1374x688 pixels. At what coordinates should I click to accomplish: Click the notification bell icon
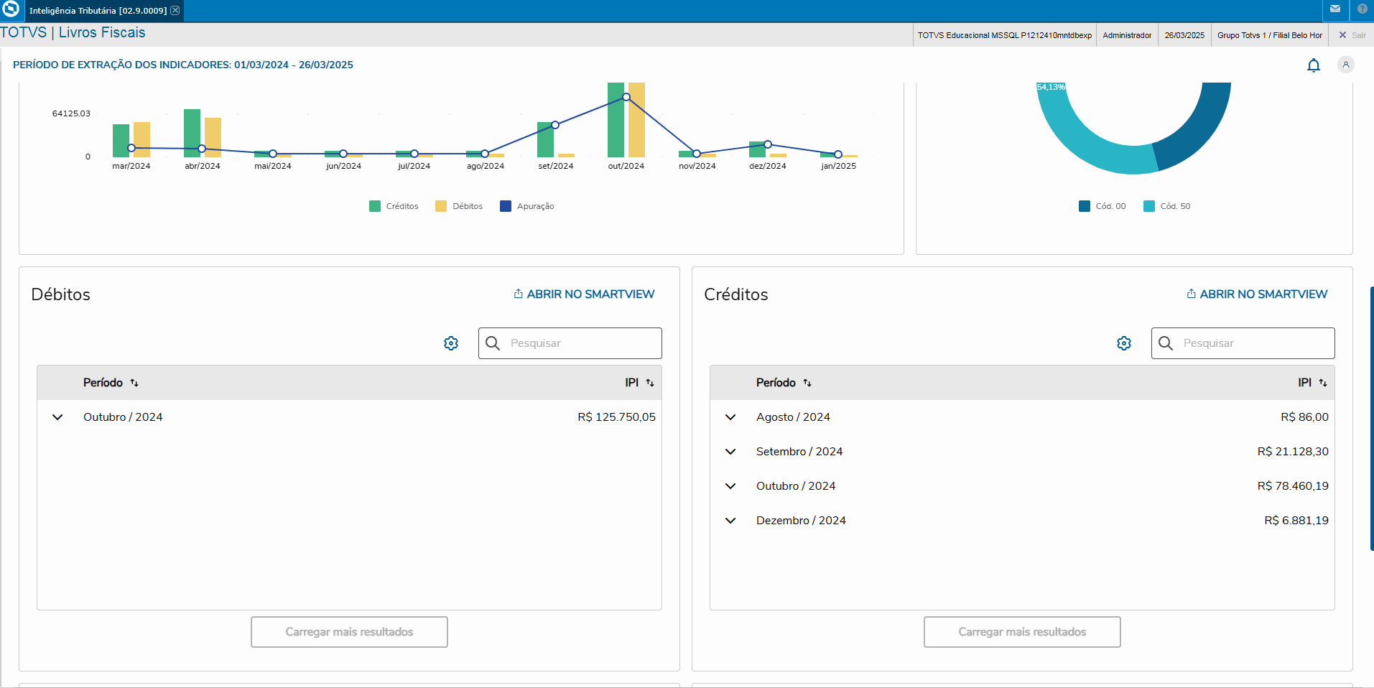tap(1313, 65)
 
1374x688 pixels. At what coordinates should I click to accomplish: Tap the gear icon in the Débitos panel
tap(451, 343)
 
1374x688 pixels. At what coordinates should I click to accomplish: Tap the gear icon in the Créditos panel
tap(1124, 343)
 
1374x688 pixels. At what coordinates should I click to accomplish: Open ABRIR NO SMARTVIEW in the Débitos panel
tap(584, 294)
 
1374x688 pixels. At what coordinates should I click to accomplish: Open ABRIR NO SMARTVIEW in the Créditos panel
tap(1257, 294)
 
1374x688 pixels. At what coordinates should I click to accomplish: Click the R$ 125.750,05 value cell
tap(616, 417)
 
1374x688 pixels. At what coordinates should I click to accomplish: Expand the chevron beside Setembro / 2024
tap(730, 452)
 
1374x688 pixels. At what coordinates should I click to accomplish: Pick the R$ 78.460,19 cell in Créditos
tap(1293, 486)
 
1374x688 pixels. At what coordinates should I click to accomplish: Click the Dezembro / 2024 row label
tap(801, 521)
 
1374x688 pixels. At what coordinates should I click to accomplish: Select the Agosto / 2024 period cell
tap(793, 417)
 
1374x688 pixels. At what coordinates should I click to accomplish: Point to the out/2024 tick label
tap(626, 166)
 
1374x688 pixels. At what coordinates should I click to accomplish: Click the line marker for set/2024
tap(555, 125)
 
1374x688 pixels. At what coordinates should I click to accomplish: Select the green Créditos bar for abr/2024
tap(192, 133)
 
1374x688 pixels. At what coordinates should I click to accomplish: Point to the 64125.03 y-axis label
tap(71, 113)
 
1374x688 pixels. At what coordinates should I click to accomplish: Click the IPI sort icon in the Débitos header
tap(650, 383)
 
